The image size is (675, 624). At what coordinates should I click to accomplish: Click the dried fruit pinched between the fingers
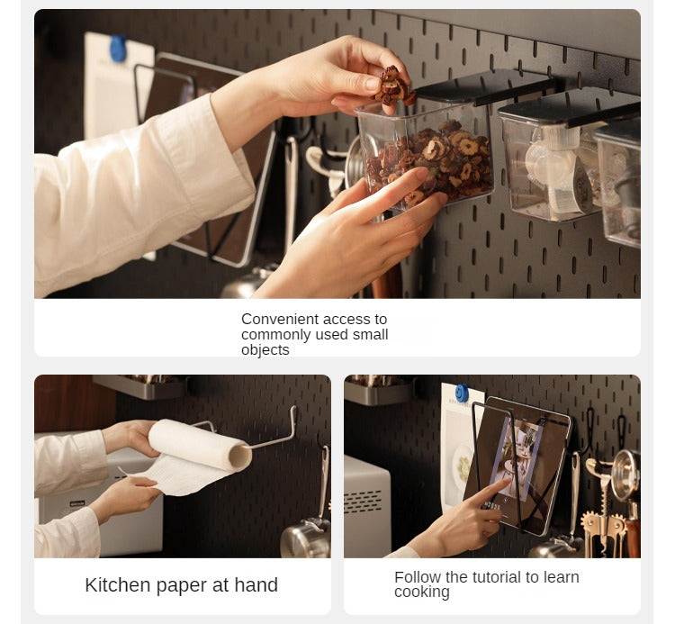pyautogui.click(x=393, y=86)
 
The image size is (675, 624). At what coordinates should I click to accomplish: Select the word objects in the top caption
pyautogui.click(x=265, y=349)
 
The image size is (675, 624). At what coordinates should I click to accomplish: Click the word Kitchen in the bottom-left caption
pyautogui.click(x=118, y=584)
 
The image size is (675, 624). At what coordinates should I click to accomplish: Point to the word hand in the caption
pyautogui.click(x=256, y=584)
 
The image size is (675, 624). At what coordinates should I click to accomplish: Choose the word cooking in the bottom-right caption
pyautogui.click(x=422, y=592)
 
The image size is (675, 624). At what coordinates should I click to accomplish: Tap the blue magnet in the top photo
pyautogui.click(x=118, y=49)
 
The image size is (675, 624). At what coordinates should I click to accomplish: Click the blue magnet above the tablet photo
pyautogui.click(x=462, y=393)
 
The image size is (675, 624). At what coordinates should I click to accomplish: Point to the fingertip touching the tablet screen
pyautogui.click(x=510, y=481)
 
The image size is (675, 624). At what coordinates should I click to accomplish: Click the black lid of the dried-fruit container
pyautogui.click(x=486, y=88)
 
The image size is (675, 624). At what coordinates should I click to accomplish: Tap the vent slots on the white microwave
pyautogui.click(x=363, y=502)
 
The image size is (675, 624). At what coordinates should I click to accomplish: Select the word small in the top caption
pyautogui.click(x=370, y=335)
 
